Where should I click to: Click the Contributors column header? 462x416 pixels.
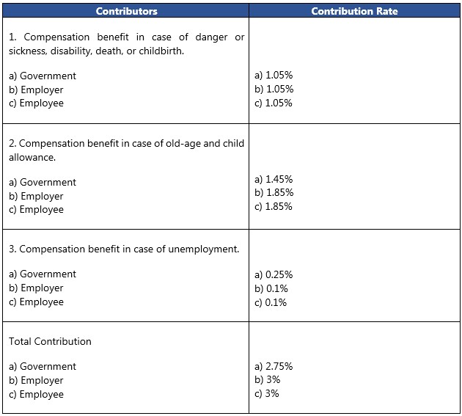pyautogui.click(x=126, y=11)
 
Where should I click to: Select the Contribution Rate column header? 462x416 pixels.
pyautogui.click(x=354, y=11)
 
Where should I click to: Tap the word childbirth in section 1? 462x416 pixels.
pyautogui.click(x=161, y=51)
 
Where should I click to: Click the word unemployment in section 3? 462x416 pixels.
pyautogui.click(x=204, y=249)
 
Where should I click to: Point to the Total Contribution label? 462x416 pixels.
pyautogui.click(x=50, y=341)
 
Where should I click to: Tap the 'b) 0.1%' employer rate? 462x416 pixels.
pyautogui.click(x=271, y=288)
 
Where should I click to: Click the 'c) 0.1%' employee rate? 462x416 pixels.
pyautogui.click(x=271, y=302)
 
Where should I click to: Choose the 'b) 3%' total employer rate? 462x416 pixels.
pyautogui.click(x=267, y=380)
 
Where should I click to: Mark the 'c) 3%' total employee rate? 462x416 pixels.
pyautogui.click(x=267, y=393)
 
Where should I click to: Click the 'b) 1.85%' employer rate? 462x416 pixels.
pyautogui.click(x=274, y=192)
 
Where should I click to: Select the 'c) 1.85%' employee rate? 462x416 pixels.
pyautogui.click(x=274, y=207)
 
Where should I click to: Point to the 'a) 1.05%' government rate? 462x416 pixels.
pyautogui.click(x=274, y=75)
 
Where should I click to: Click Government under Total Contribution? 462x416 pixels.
pyautogui.click(x=48, y=366)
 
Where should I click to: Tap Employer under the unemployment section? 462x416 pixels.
pyautogui.click(x=42, y=288)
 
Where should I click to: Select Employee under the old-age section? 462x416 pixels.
pyautogui.click(x=42, y=210)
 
